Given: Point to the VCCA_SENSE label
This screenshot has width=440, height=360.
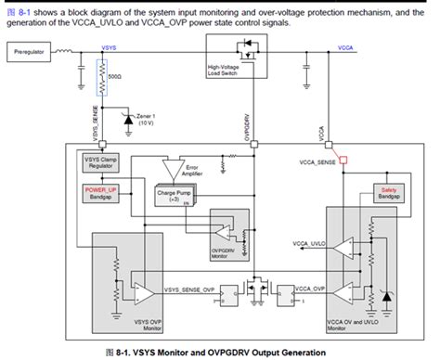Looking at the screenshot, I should point(317,161).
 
